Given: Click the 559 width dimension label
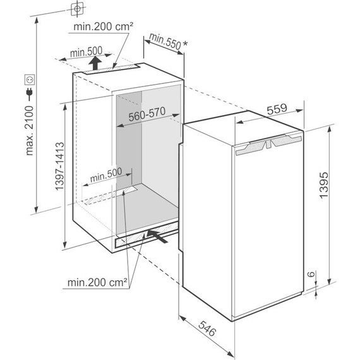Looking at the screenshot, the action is [x=277, y=109].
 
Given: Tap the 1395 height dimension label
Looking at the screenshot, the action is [x=324, y=185].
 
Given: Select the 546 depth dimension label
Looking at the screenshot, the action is [x=207, y=328].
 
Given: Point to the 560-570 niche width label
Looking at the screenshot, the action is [x=147, y=114].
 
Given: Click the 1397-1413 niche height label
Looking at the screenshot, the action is [x=59, y=166].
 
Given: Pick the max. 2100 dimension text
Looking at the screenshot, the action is [x=30, y=130].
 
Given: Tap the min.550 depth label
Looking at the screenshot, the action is [x=165, y=41].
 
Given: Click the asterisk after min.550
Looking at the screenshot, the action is [x=185, y=44].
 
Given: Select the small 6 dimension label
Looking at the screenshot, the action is [x=311, y=274].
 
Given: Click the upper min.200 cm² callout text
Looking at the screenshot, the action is [x=103, y=27].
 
